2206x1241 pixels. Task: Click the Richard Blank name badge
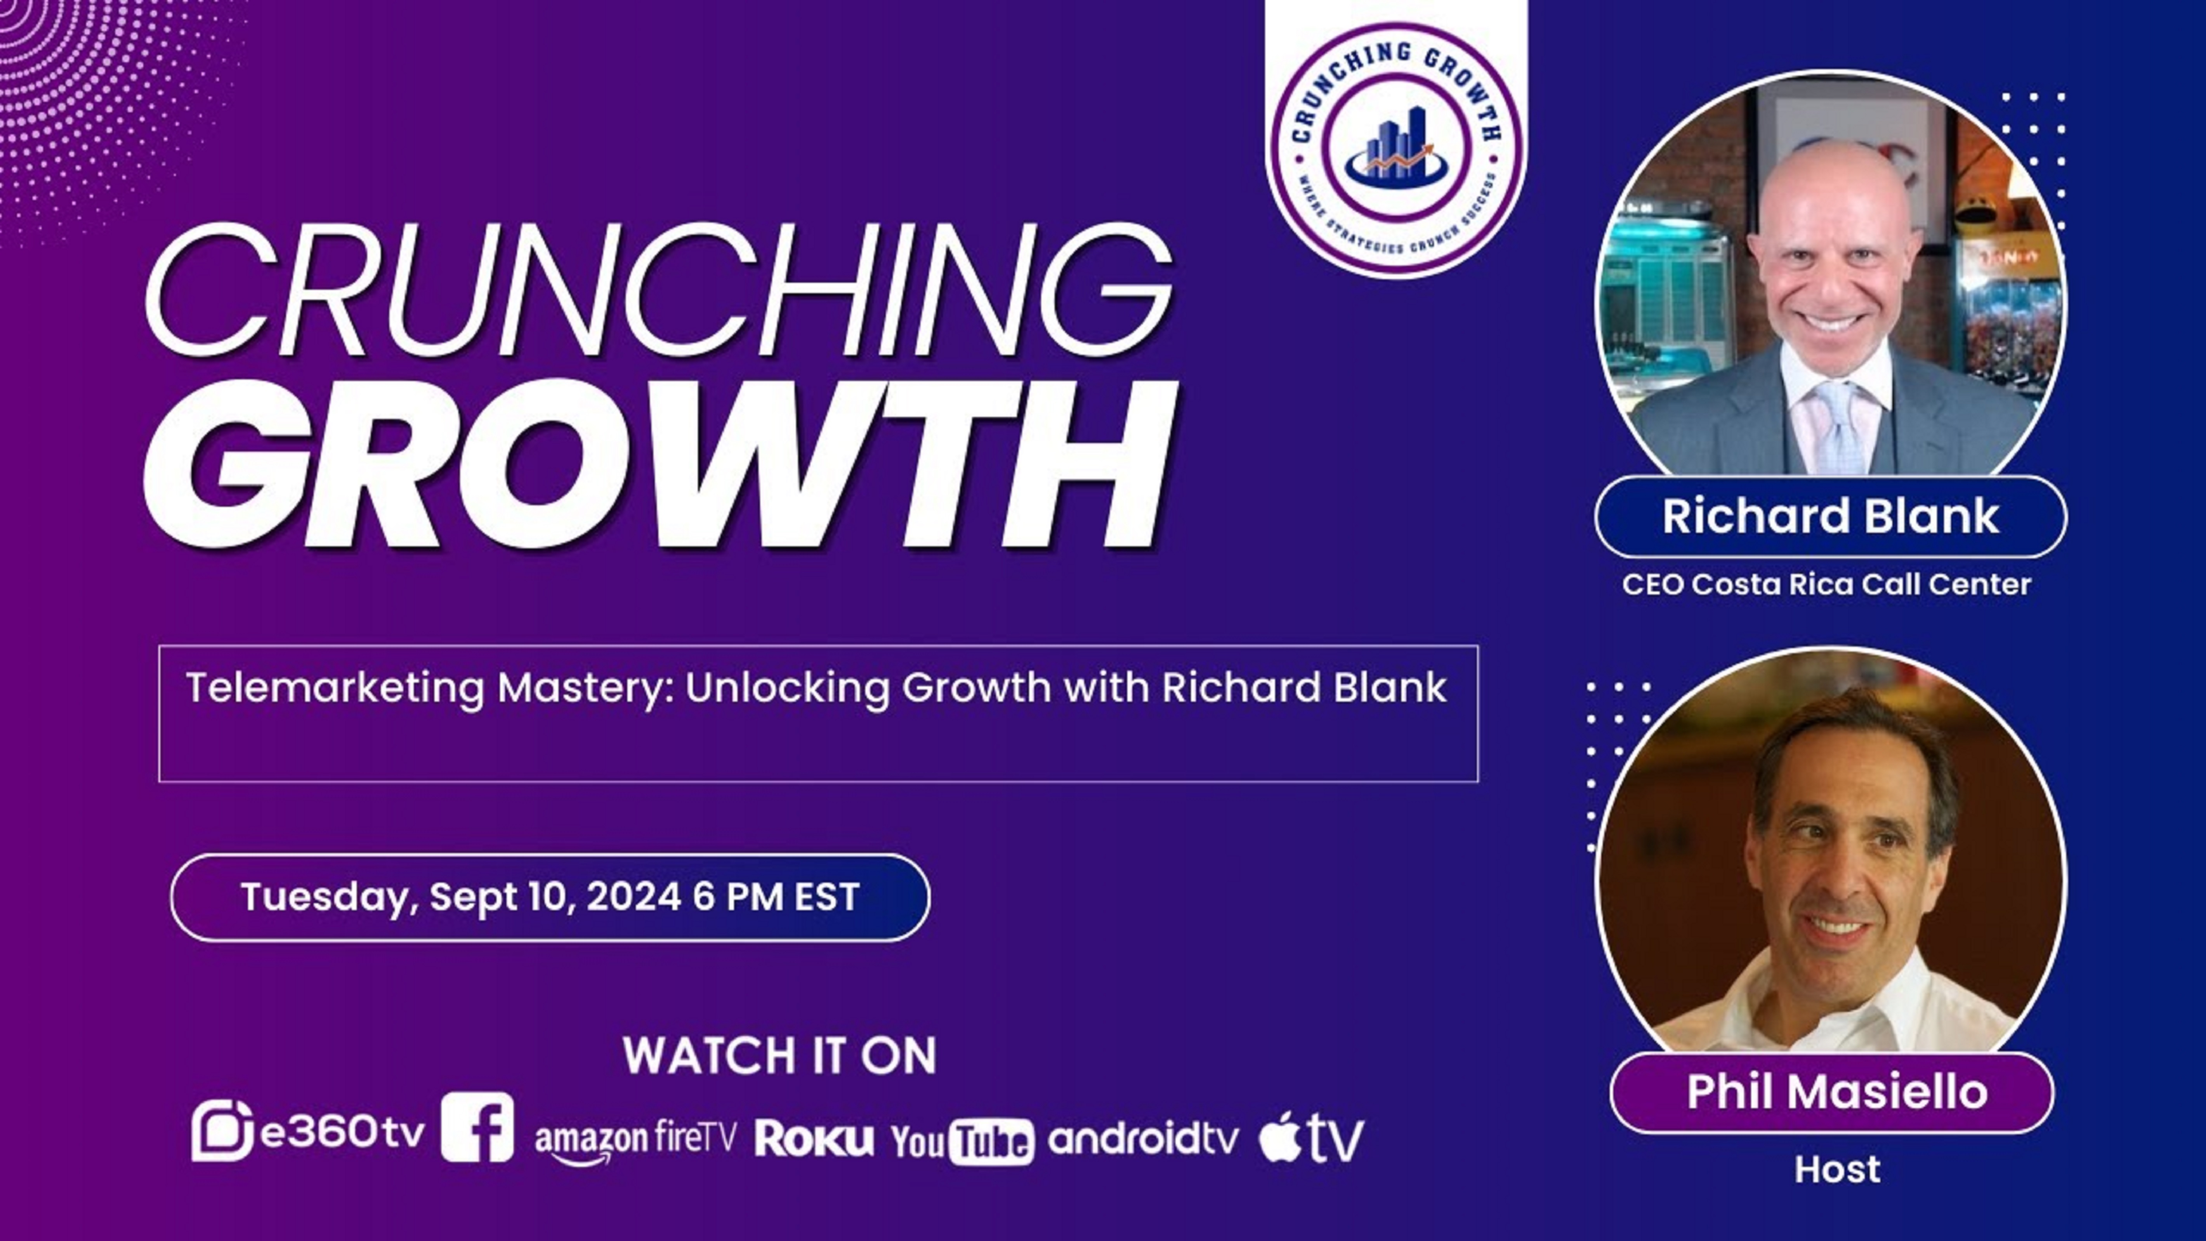[1830, 516]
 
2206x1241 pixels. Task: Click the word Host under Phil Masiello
[1837, 1170]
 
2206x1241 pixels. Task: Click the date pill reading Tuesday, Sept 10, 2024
[550, 898]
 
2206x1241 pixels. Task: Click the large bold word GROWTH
[660, 464]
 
